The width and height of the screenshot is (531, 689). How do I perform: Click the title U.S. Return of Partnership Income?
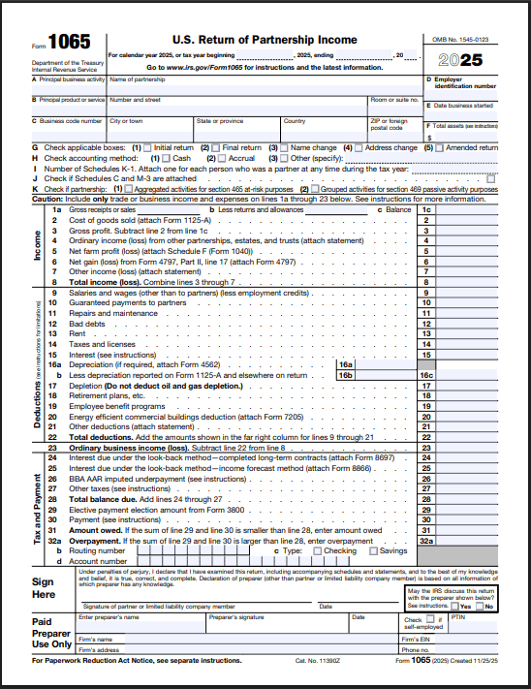[x=265, y=40]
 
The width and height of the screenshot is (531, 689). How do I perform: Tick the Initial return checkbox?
[x=149, y=148]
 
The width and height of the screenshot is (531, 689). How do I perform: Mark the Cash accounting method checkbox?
[x=168, y=158]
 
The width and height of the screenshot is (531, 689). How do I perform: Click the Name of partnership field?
[x=262, y=85]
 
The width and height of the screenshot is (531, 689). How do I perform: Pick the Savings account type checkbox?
[x=372, y=550]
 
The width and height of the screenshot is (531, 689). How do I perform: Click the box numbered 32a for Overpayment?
[x=427, y=541]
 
